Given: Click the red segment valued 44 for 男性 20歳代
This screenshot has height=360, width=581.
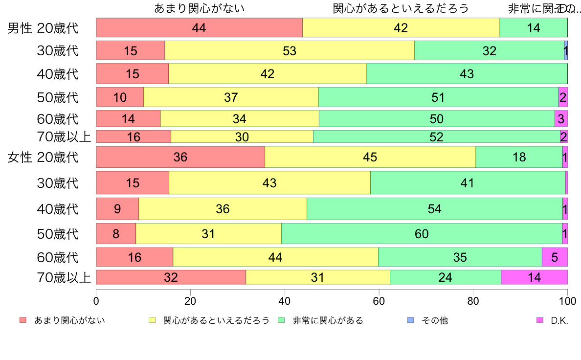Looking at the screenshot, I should pos(199,27).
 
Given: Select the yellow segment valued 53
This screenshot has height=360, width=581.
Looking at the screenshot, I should pos(290,51).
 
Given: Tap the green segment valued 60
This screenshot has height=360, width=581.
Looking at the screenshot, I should pos(422,234).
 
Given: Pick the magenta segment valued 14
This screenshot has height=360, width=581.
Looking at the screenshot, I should pos(534,277).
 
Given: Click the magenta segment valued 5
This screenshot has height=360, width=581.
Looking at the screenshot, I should pos(555,257).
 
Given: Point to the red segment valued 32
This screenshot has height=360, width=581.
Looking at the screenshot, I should pos(171,277).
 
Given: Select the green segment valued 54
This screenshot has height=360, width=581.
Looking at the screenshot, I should pos(434,209).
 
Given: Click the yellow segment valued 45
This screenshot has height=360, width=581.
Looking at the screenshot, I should pos(370,157).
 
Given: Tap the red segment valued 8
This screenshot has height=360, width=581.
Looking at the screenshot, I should pos(116,234).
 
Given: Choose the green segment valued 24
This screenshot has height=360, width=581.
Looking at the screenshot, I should pos(445,277).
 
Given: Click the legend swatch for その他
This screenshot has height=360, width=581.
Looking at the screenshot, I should pos(411,320).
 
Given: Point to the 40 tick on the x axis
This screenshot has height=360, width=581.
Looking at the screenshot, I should pos(285,300).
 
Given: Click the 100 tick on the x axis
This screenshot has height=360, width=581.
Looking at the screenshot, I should pos(567,300).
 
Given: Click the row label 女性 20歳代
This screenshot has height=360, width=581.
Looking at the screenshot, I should pos(43,157).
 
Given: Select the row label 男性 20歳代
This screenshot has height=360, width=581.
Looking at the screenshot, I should pos(43,28).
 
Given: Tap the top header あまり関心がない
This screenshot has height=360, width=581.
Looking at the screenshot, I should pos(199,8).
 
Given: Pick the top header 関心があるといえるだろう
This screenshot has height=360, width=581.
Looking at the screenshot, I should pos(401,8).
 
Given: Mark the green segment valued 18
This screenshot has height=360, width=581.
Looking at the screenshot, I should pos(519,157).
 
